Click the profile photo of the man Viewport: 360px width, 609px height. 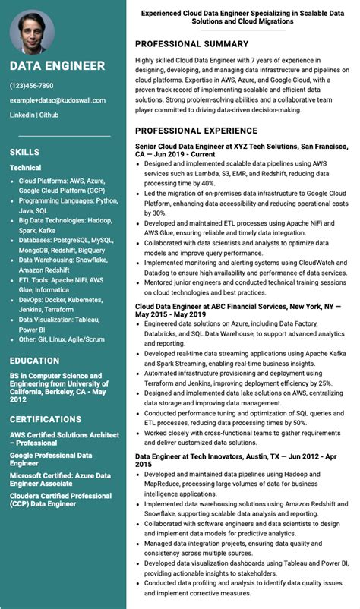[x=32, y=31]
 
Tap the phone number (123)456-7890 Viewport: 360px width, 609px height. [x=31, y=86]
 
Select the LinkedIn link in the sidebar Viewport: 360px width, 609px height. [x=21, y=115]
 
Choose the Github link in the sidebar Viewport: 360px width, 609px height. [x=49, y=115]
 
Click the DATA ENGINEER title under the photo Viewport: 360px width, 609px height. [x=57, y=66]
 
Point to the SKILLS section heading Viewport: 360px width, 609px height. [x=24, y=152]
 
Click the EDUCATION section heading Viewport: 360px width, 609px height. [x=34, y=361]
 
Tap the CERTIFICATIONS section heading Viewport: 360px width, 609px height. [x=46, y=419]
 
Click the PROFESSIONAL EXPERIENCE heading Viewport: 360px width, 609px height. [x=196, y=131]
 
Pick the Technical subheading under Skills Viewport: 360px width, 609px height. [x=25, y=168]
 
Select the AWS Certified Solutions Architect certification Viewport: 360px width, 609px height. [x=64, y=439]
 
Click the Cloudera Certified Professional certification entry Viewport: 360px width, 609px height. [x=60, y=500]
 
